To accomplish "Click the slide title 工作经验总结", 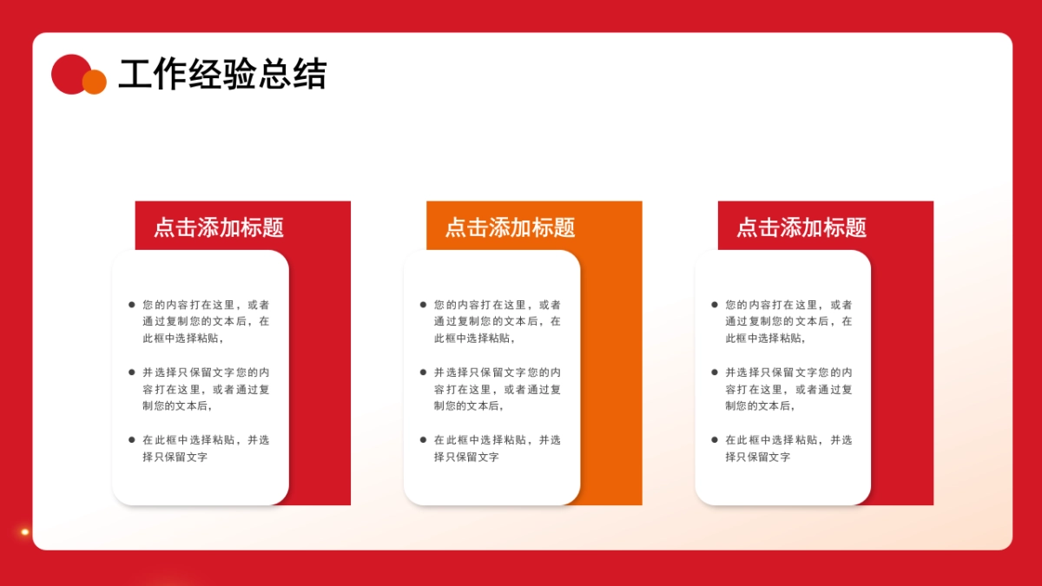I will [222, 75].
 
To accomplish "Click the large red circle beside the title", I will [69, 73].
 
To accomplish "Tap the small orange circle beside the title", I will [95, 82].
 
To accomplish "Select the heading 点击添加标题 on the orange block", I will [510, 227].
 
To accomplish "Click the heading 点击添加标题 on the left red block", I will [219, 227].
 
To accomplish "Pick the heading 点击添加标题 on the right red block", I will [801, 227].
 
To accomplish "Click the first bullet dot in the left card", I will [132, 305].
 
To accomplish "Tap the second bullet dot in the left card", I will [132, 372].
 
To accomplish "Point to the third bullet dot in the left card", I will [132, 440].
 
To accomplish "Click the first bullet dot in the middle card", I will [423, 305].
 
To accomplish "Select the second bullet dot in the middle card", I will [423, 372].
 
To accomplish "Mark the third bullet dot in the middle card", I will [423, 440].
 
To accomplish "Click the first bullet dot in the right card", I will [715, 305].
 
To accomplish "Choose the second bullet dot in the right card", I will [715, 372].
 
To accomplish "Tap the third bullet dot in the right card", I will [715, 440].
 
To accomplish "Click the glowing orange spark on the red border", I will [25, 532].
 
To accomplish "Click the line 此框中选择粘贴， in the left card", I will [183, 339].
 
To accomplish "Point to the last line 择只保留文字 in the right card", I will [758, 457].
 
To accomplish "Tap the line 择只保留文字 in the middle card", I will [466, 457].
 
